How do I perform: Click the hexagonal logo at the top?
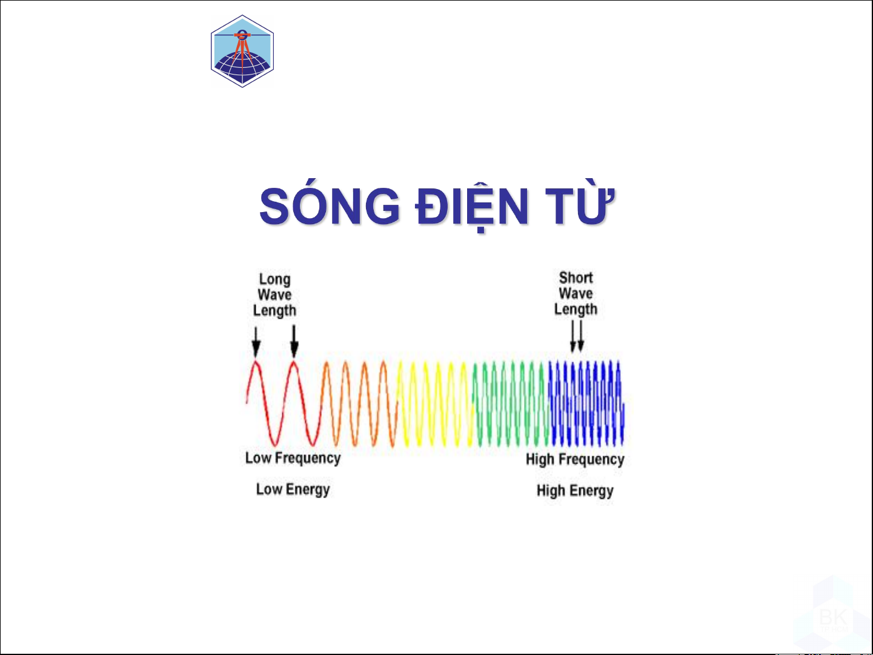coord(242,51)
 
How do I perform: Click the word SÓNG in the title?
coord(330,205)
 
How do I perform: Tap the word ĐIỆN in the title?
coord(472,207)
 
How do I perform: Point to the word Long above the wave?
coord(275,279)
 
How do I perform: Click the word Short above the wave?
coord(576,277)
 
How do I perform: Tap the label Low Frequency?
coord(293,458)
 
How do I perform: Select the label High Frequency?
coord(575,459)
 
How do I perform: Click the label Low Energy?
coord(293,490)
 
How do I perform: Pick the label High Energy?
coord(575,491)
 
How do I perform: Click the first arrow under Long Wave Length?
coord(256,342)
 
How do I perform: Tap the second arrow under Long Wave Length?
coord(294,341)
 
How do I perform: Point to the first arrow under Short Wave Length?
coord(573,336)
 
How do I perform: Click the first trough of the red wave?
coord(274,444)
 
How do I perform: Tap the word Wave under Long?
coord(274,294)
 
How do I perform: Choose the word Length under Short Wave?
coord(576,309)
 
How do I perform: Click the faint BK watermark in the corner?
coord(833,617)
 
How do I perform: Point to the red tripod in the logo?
coord(242,50)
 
